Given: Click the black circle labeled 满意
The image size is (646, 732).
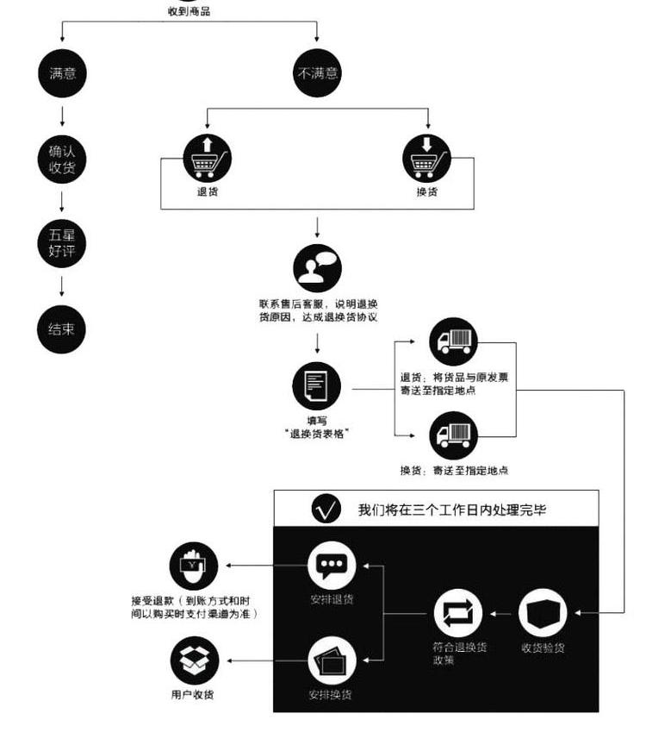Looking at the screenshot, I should point(62,73).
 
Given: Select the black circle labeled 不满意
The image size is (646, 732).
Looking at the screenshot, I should point(318,73).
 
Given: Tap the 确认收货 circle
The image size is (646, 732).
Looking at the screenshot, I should point(62,160).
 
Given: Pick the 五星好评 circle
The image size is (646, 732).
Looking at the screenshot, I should point(62,243).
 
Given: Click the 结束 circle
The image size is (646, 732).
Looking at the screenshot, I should point(62,328).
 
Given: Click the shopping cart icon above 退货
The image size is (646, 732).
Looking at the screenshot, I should point(207,158).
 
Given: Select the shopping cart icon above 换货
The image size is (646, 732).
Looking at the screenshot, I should point(427,158).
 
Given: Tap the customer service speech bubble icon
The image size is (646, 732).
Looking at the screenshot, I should point(317,268).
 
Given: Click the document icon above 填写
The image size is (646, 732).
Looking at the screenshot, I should point(317,385).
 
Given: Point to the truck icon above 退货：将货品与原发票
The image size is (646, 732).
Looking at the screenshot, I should point(453,341).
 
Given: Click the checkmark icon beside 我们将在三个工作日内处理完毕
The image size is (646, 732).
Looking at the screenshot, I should point(326,510).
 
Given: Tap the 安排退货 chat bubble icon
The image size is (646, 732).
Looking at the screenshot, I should point(332,566).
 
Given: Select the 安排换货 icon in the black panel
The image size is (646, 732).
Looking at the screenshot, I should point(332,662).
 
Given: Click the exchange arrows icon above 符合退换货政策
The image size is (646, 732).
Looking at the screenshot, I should point(457,613).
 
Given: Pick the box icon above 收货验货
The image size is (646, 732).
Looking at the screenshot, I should point(544,613).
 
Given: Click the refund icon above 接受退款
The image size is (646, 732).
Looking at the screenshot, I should point(193,566).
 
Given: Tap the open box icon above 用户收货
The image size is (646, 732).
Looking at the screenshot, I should point(193,661).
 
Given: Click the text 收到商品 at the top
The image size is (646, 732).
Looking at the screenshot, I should point(189,11).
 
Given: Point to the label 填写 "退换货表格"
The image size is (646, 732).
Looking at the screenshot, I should point(317,427).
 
